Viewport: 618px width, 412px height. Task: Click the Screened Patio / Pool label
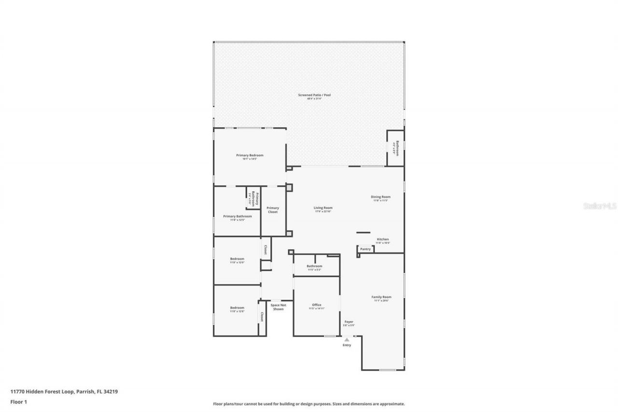tap(314, 95)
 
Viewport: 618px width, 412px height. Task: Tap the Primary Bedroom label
tap(250, 156)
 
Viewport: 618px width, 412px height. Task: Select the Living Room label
tap(323, 208)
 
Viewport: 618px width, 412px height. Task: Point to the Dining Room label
tap(380, 197)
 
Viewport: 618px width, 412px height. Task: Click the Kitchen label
tap(383, 240)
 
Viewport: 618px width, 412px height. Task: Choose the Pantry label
tap(365, 249)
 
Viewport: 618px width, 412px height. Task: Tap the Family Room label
tap(381, 298)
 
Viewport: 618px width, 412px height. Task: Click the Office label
tap(316, 305)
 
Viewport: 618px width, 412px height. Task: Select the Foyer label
tap(349, 322)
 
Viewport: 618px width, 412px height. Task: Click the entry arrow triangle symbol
tap(347, 340)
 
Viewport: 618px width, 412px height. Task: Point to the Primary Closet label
tap(273, 210)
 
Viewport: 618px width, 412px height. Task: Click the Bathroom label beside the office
tap(314, 267)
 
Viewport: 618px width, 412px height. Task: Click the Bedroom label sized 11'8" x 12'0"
tap(237, 259)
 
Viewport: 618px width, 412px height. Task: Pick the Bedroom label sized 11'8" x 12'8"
tap(237, 308)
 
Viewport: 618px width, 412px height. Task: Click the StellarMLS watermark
tap(600, 206)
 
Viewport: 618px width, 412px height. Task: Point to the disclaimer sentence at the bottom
tap(309, 404)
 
